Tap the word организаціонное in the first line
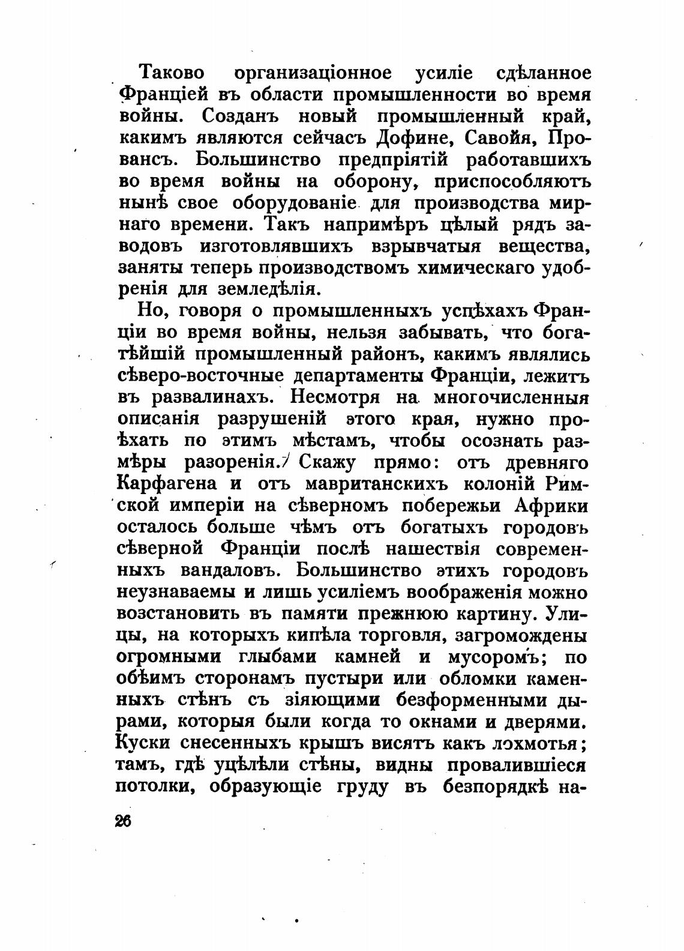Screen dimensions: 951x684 [313, 73]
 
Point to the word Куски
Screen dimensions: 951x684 [139, 743]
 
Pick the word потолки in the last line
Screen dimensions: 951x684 [154, 787]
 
